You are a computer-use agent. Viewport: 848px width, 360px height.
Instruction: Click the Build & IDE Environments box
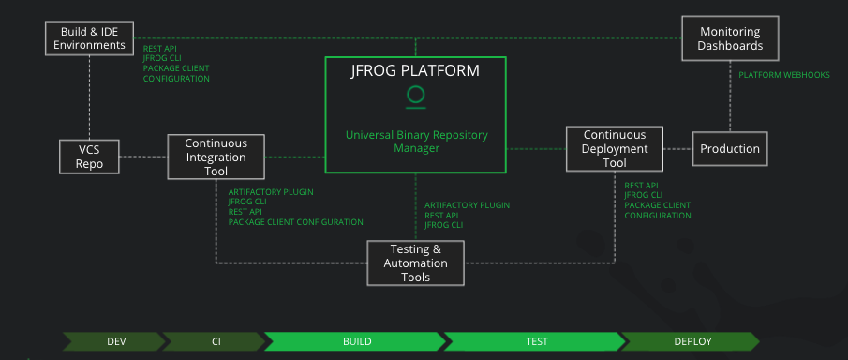pyautogui.click(x=89, y=37)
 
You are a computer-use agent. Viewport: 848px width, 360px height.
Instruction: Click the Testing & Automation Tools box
pyautogui.click(x=415, y=263)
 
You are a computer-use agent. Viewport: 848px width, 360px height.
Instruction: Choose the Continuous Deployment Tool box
pyautogui.click(x=615, y=149)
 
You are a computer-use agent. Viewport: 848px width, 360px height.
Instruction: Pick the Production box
pyautogui.click(x=730, y=149)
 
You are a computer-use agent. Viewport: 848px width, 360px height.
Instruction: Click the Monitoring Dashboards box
pyautogui.click(x=730, y=37)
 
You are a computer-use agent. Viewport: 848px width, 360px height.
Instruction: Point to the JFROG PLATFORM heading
pyautogui.click(x=415, y=71)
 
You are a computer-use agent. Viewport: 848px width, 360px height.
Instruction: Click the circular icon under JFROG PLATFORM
pyautogui.click(x=415, y=95)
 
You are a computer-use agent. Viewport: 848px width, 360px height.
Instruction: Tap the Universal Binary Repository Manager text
pyautogui.click(x=415, y=142)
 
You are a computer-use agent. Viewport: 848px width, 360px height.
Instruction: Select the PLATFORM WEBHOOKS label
pyautogui.click(x=783, y=75)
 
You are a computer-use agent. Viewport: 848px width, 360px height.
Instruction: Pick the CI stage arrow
pyautogui.click(x=215, y=341)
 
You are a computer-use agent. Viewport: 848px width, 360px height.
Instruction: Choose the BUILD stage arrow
pyautogui.click(x=356, y=341)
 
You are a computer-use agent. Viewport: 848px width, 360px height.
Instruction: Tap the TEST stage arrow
pyautogui.click(x=536, y=341)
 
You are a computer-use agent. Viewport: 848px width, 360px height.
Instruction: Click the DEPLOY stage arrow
pyautogui.click(x=693, y=341)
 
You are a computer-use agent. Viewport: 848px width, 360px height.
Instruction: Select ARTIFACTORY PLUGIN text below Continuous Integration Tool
pyautogui.click(x=271, y=192)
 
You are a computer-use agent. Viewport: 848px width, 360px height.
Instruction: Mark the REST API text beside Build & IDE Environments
pyautogui.click(x=159, y=48)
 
